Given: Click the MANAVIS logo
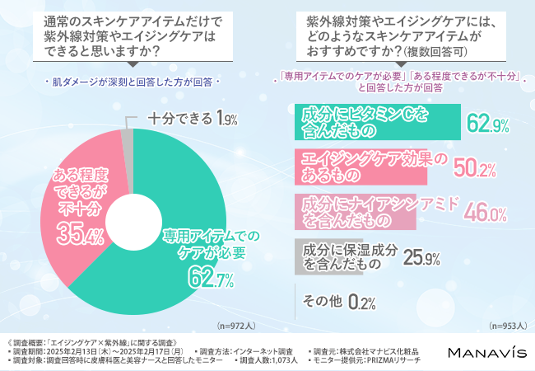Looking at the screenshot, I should pyautogui.click(x=486, y=352).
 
